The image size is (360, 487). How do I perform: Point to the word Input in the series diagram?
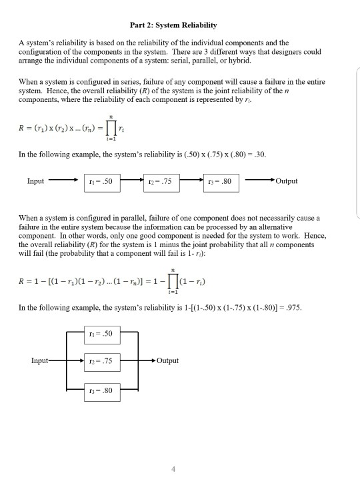pyautogui.click(x=36, y=181)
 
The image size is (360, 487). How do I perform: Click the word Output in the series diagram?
pyautogui.click(x=286, y=181)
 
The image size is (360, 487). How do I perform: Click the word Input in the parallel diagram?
pyautogui.click(x=40, y=361)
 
